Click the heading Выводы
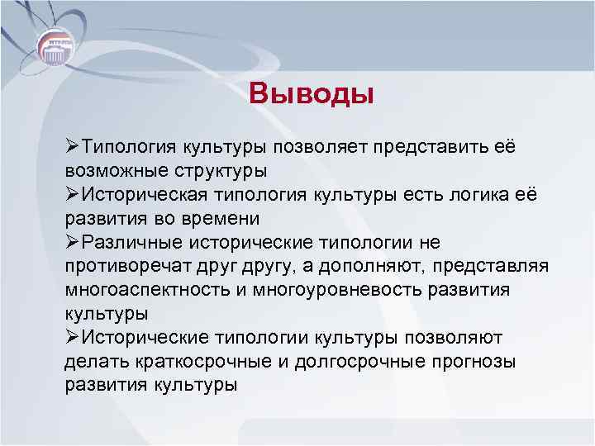pyautogui.click(x=312, y=93)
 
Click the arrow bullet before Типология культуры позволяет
pyautogui.click(x=71, y=146)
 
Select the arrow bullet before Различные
pyautogui.click(x=71, y=242)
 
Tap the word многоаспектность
pyautogui.click(x=142, y=291)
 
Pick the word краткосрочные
pyautogui.click(x=192, y=362)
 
